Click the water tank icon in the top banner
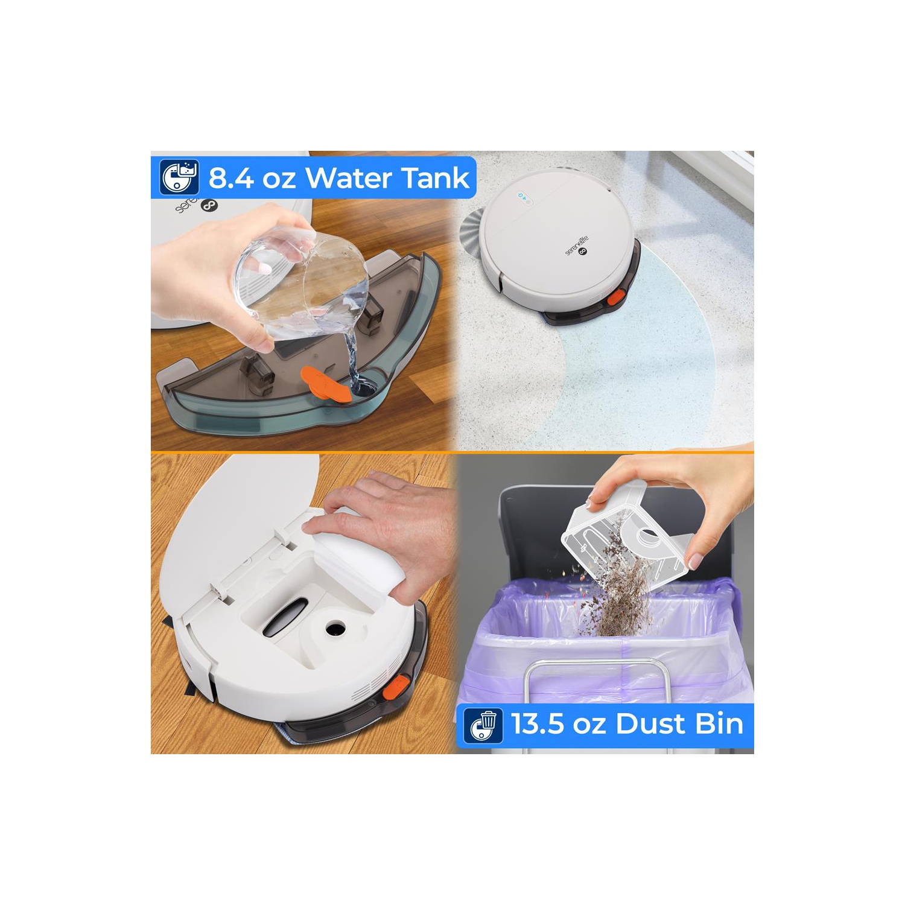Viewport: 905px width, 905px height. (179, 177)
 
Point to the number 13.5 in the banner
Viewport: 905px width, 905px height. (538, 723)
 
